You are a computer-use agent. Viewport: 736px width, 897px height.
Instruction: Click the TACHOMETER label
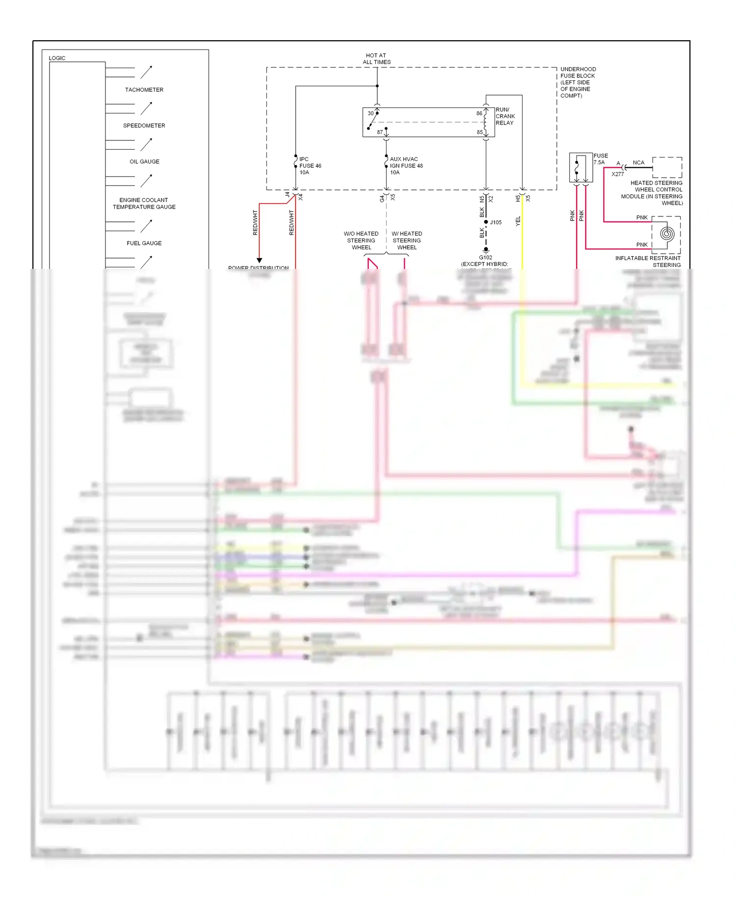pyautogui.click(x=144, y=90)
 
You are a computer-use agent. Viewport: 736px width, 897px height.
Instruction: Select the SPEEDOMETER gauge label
pyautogui.click(x=144, y=126)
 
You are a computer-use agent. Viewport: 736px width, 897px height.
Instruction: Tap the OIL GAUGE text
pyautogui.click(x=144, y=161)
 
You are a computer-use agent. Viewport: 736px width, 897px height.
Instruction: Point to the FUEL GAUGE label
pyautogui.click(x=144, y=243)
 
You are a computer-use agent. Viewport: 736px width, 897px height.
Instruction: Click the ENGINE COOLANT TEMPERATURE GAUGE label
pyautogui.click(x=144, y=204)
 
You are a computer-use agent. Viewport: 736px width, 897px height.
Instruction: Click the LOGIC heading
pyautogui.click(x=57, y=58)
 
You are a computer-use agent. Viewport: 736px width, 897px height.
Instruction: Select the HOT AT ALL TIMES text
pyautogui.click(x=376, y=59)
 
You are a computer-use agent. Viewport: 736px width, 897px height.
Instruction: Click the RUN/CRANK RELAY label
pyautogui.click(x=505, y=116)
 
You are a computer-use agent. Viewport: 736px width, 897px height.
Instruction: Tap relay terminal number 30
pyautogui.click(x=370, y=113)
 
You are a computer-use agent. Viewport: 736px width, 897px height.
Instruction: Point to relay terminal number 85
pyautogui.click(x=479, y=132)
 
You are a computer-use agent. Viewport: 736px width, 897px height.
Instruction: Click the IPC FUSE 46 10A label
pyautogui.click(x=310, y=166)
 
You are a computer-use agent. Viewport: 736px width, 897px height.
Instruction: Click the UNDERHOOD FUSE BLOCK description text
pyautogui.click(x=578, y=82)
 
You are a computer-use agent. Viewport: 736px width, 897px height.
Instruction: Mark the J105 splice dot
pyautogui.click(x=486, y=222)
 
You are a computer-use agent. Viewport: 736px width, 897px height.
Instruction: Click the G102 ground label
pyautogui.click(x=485, y=258)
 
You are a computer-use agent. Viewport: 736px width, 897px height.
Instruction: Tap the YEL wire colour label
pyautogui.click(x=518, y=221)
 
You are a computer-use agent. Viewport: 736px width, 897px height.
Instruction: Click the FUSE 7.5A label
pyautogui.click(x=600, y=159)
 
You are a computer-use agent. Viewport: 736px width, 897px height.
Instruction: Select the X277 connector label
pyautogui.click(x=617, y=174)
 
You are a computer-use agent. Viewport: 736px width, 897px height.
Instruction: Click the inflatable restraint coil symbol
pyautogui.click(x=666, y=234)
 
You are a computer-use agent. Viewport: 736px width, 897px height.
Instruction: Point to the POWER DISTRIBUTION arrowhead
pyautogui.click(x=259, y=260)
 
